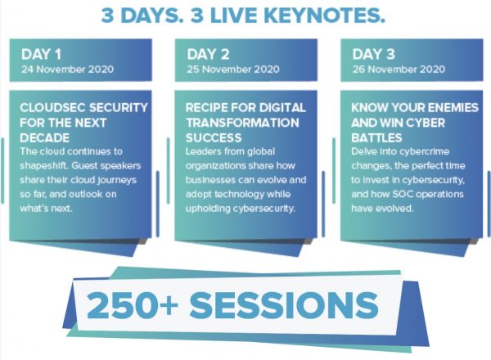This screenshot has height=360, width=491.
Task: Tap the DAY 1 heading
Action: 41,54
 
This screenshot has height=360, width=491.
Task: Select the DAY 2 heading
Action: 208,54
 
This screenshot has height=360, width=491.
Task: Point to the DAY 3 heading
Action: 374,54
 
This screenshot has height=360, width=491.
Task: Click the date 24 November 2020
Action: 67,70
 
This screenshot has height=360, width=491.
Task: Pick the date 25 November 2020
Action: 233,70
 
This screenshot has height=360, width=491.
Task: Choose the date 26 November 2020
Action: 399,70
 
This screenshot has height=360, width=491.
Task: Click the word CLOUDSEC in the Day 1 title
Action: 52,108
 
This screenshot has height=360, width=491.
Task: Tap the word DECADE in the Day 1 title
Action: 44,137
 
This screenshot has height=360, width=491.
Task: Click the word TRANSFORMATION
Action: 242,123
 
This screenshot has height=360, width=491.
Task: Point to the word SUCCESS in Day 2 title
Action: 214,137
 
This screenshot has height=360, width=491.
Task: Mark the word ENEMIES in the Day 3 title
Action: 453,108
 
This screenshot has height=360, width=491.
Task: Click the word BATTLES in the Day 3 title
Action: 376,137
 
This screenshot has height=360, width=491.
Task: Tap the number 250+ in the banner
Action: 133,305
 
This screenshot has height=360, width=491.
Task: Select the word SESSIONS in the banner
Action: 284,305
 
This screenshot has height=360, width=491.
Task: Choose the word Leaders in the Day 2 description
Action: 201,151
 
